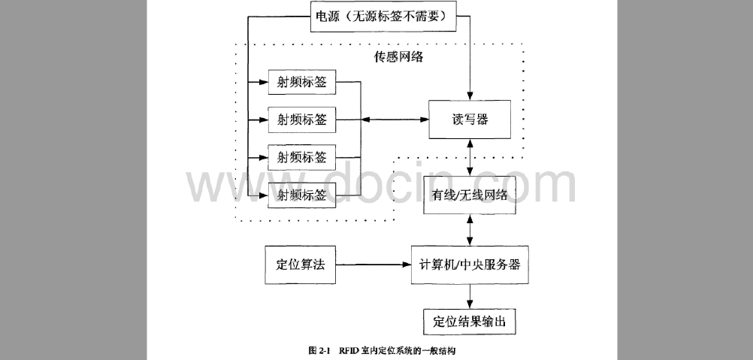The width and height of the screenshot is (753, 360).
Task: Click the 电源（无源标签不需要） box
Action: pos(384,17)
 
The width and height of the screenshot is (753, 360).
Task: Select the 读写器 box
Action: pos(470,119)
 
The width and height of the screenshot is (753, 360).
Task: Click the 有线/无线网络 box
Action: pos(470,195)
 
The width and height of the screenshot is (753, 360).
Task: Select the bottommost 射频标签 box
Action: pos(301,195)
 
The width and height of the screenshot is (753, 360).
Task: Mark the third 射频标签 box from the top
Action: pos(301,157)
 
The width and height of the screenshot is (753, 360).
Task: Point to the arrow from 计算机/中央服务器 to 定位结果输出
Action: pos(470,295)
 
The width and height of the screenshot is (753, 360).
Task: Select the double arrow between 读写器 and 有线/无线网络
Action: pos(470,157)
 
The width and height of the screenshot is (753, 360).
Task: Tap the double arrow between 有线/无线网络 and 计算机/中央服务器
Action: pos(470,228)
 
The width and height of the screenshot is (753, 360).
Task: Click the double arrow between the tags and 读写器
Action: pos(395,119)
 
